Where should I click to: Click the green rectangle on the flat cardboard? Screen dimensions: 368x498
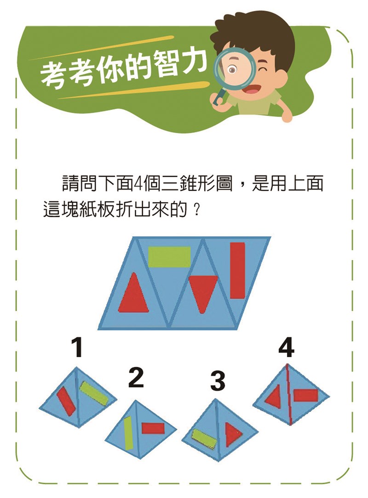(169, 257)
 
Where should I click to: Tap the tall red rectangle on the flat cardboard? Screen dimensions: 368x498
(237, 271)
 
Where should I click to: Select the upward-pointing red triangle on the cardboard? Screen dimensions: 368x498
(134, 293)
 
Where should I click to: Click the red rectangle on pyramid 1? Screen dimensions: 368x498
(66, 401)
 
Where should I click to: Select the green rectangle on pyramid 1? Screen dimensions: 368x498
(94, 394)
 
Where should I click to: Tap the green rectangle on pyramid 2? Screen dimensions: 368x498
(128, 434)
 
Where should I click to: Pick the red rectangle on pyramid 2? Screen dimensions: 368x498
(153, 428)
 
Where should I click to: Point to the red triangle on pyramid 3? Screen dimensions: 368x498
(233, 434)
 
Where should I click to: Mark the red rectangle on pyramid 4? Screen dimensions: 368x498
(305, 395)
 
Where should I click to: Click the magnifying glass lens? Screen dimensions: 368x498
(235, 69)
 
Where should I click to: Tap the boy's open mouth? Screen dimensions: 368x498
(250, 89)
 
